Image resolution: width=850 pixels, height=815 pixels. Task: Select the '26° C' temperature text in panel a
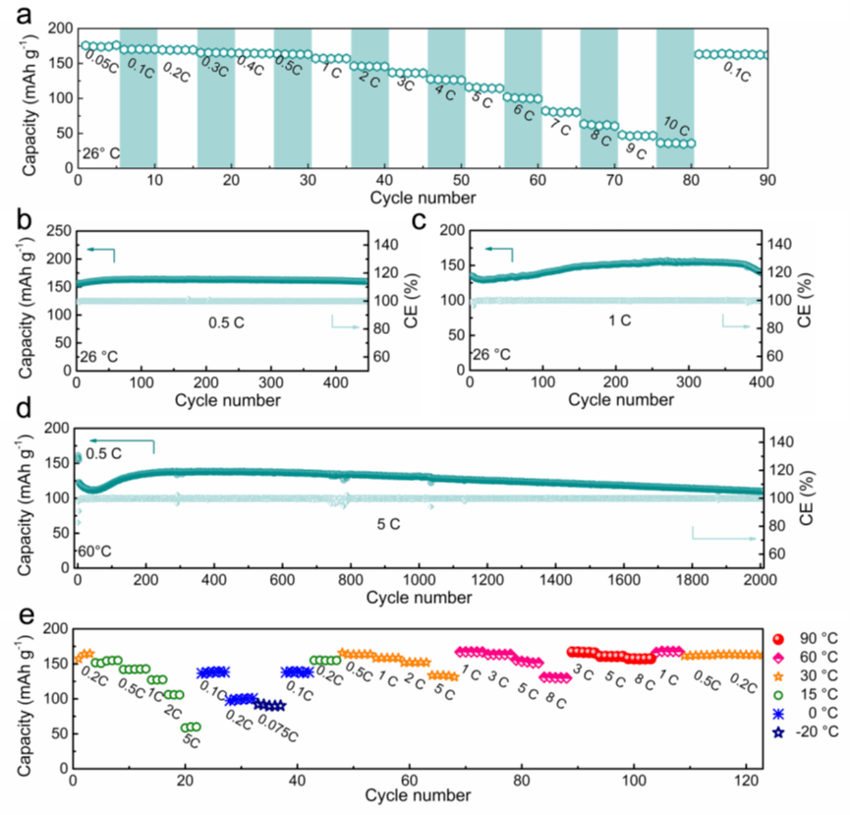coord(102,153)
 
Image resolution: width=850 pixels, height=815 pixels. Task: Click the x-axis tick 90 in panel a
coord(766,183)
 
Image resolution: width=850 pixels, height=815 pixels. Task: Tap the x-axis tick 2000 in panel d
coord(762,581)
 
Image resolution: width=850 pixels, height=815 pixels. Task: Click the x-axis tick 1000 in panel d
coord(420,581)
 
